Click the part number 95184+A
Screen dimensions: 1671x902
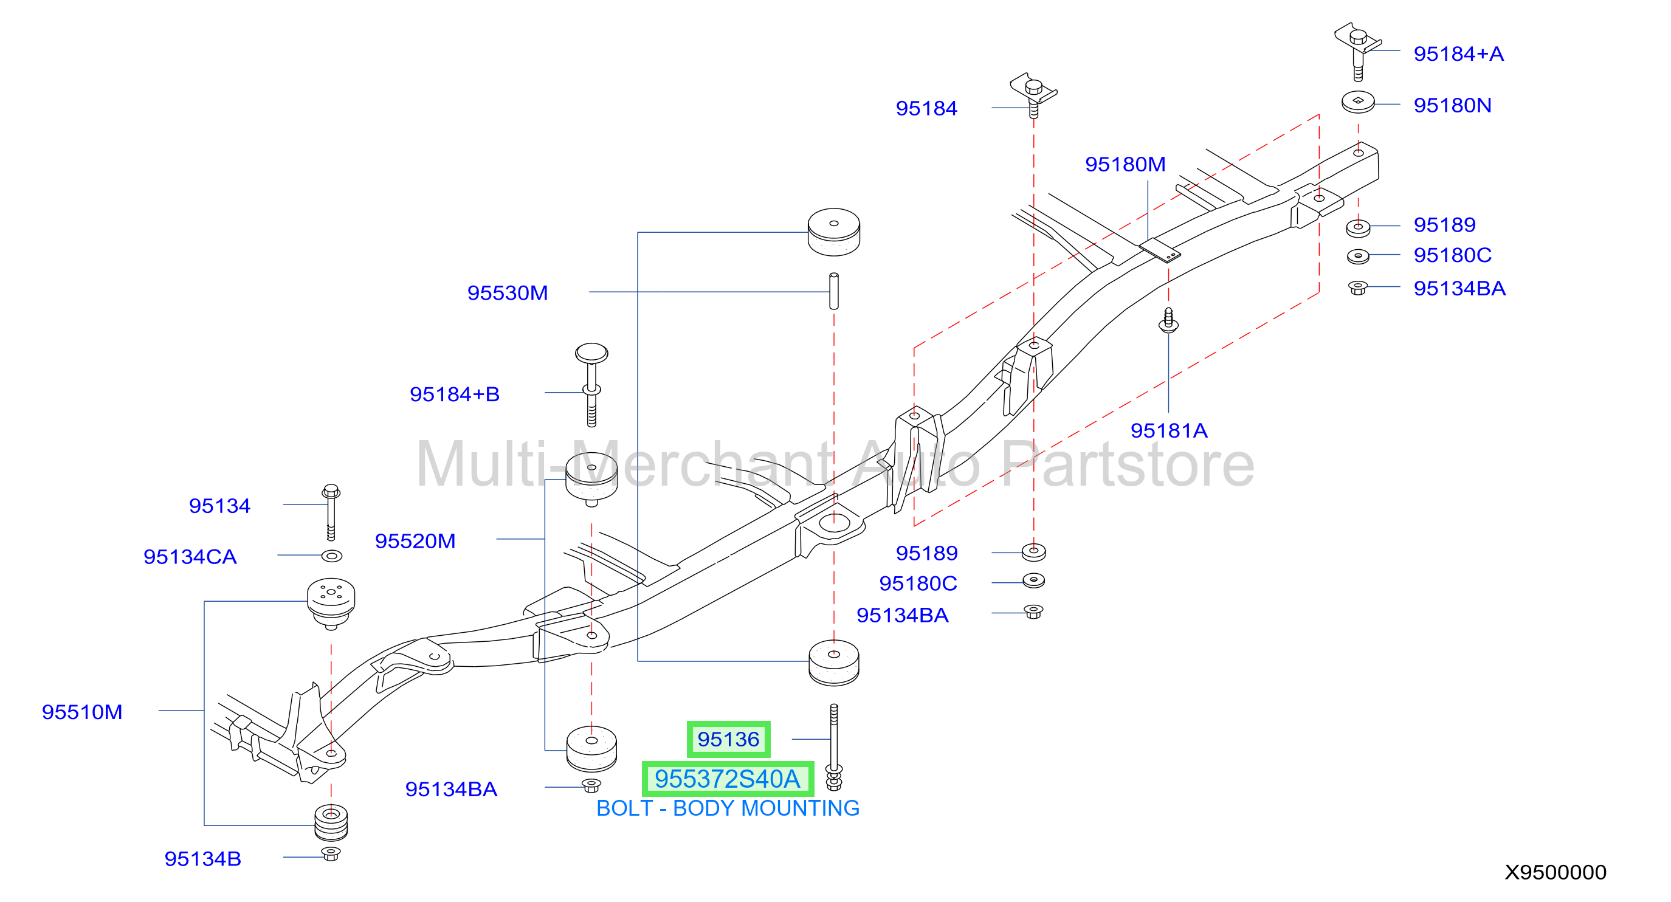[x=1458, y=54]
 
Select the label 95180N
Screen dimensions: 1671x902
[x=1452, y=105]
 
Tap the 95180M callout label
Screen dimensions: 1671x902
[x=1126, y=164]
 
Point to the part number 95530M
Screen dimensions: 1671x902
[x=508, y=292]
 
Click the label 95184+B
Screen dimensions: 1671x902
[x=455, y=394]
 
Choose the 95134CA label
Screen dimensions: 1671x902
[x=190, y=556]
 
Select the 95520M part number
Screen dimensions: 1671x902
[x=415, y=541]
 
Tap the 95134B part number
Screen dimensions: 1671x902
[x=202, y=859]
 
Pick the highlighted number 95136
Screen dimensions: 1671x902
[x=728, y=739]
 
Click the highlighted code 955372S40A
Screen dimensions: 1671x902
[x=728, y=779]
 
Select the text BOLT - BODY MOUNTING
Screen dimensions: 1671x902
[x=728, y=808]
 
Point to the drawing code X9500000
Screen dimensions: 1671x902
[x=1556, y=872]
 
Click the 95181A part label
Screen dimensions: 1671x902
[x=1169, y=430]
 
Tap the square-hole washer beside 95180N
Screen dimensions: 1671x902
[x=1359, y=102]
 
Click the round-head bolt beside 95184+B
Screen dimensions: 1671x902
[x=591, y=385]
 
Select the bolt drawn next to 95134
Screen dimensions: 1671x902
[x=331, y=512]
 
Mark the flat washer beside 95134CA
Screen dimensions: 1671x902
[x=331, y=556]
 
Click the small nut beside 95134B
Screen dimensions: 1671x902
[x=331, y=853]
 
